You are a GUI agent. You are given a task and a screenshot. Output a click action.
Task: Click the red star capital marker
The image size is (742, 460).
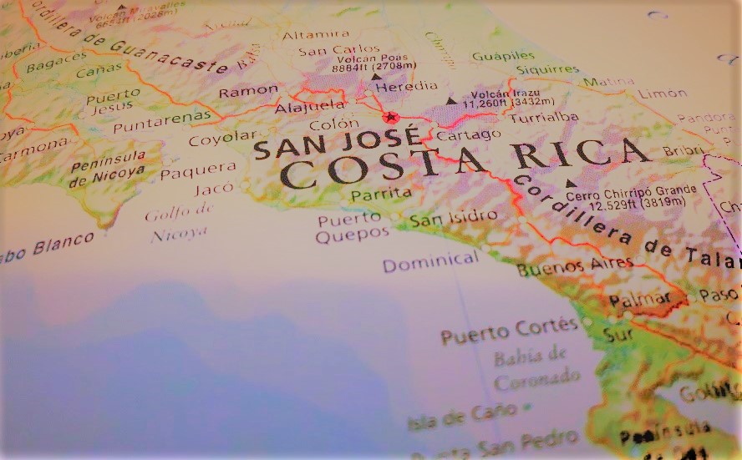point(389,117)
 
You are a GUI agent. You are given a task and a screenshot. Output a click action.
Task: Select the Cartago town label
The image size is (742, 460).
point(470,134)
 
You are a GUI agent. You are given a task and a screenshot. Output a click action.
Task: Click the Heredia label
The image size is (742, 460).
point(407,86)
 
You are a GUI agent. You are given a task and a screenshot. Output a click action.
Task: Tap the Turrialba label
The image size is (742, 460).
point(544,118)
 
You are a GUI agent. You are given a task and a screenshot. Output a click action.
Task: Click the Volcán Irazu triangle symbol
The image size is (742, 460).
point(451,101)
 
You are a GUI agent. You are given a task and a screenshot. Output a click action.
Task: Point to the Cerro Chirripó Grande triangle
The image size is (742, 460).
point(572,183)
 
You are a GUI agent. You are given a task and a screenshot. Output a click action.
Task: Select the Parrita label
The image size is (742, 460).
point(382,194)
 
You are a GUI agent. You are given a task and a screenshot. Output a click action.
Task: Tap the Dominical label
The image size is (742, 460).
point(431,262)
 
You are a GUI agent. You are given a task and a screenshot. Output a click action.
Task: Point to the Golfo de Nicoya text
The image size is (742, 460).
point(178,225)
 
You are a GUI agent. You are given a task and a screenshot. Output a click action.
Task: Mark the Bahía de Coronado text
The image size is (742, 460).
point(531,368)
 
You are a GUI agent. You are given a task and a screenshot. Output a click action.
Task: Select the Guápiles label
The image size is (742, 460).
point(503,56)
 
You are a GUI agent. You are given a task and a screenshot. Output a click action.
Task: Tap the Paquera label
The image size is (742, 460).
point(192,173)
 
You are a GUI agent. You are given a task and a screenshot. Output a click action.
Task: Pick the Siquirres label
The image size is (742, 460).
point(547,68)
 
